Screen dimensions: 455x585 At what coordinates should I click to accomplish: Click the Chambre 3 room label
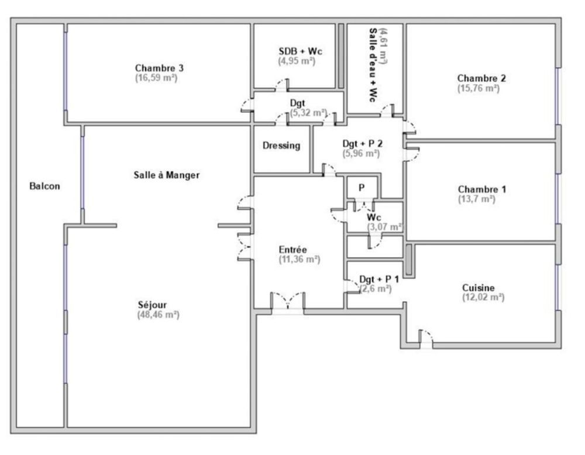click(x=156, y=68)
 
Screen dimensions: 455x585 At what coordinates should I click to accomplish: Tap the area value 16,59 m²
click(x=156, y=77)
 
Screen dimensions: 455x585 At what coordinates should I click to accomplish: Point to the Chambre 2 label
click(x=481, y=78)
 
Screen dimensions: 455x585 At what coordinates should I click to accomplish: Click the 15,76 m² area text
click(x=478, y=88)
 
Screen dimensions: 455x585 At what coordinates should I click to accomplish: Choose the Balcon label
click(x=44, y=187)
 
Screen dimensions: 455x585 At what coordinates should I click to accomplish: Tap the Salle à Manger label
click(x=167, y=175)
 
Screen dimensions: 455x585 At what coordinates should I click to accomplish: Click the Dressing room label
click(x=281, y=146)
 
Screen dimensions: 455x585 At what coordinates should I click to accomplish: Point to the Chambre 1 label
click(x=482, y=189)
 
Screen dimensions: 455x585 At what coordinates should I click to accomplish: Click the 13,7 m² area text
click(x=477, y=199)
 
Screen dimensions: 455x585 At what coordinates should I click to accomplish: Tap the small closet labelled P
click(x=362, y=188)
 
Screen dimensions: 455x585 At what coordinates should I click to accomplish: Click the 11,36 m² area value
click(x=299, y=259)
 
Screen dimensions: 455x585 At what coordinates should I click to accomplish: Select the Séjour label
click(x=153, y=305)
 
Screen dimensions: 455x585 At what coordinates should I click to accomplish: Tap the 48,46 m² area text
click(x=157, y=315)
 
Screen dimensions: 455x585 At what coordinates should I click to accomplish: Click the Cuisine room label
click(x=478, y=288)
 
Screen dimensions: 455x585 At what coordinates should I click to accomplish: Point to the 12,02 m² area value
click(x=483, y=297)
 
